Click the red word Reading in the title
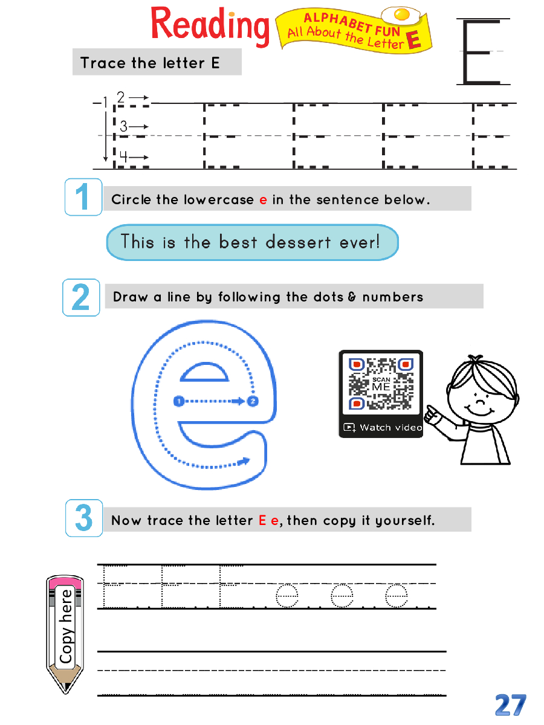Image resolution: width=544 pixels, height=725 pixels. coord(210,27)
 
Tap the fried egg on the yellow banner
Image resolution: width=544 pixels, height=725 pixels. coord(401,15)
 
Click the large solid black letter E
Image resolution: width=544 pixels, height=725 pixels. coord(483,51)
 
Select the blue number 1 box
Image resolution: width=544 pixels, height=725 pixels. coord(83,197)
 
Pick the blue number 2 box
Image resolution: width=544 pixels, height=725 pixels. coord(81,297)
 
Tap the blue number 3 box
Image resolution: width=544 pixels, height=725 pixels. coord(84,518)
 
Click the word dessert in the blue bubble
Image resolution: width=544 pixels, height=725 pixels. coord(298,242)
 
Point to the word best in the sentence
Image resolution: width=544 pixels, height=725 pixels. coord(238,242)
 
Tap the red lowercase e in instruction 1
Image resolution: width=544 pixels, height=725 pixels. coord(263,200)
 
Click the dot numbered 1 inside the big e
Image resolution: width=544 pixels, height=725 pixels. coord(179,401)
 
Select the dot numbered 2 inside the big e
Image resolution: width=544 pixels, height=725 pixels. coord(253,401)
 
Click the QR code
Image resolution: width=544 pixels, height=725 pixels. coord(381,384)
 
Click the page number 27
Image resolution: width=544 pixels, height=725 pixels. coord(510,705)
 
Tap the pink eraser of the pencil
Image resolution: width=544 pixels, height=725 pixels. coord(65,582)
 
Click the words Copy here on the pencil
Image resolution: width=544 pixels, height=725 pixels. coord(66,627)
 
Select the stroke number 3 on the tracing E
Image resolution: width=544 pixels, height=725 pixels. coord(123,126)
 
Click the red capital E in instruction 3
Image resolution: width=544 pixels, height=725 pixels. coord(262,520)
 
